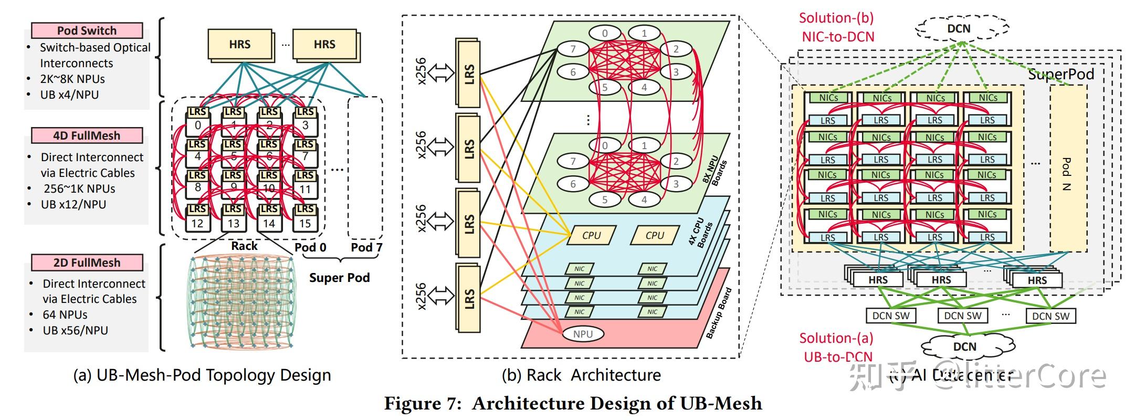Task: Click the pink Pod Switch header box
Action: (x=87, y=30)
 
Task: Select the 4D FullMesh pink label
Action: (x=87, y=135)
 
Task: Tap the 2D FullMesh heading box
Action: (x=87, y=262)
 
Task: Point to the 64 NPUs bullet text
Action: (x=65, y=314)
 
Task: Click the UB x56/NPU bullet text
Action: (x=75, y=330)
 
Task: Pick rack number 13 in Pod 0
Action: (x=233, y=223)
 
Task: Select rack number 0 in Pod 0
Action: (x=197, y=125)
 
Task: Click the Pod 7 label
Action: (x=366, y=247)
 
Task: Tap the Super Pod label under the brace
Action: (x=339, y=278)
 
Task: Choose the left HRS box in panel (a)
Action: (x=240, y=45)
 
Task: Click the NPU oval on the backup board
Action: (x=583, y=334)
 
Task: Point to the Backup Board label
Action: (x=719, y=313)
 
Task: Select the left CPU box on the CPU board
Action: (x=591, y=236)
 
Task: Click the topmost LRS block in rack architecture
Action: (x=469, y=73)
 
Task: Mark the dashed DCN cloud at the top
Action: (x=959, y=29)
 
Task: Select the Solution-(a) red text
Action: (x=836, y=339)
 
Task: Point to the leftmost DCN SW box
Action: (x=890, y=316)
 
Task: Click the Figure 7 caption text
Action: (x=573, y=403)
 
